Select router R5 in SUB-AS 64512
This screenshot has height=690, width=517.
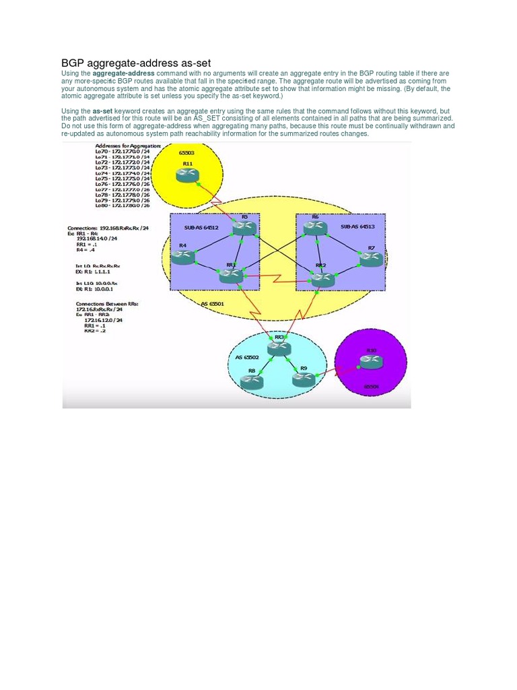click(x=244, y=229)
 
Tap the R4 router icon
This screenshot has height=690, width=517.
click(x=182, y=257)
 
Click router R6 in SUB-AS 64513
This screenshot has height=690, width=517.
click(x=315, y=228)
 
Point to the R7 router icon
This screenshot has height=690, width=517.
click(x=371, y=259)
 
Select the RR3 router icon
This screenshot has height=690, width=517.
click(x=279, y=348)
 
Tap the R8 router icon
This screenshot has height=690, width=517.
click(x=252, y=381)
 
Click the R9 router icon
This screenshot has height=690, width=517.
click(x=304, y=379)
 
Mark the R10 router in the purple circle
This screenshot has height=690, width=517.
click(x=371, y=362)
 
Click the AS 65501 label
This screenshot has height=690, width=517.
click(x=213, y=304)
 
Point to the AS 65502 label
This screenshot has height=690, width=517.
click(x=247, y=357)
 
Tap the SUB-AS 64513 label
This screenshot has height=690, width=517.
click(x=357, y=227)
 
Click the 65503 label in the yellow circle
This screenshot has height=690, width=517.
click(x=187, y=154)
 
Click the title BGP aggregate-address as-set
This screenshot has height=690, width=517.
click(x=136, y=63)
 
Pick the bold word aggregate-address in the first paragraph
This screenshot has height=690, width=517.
click(x=123, y=73)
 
